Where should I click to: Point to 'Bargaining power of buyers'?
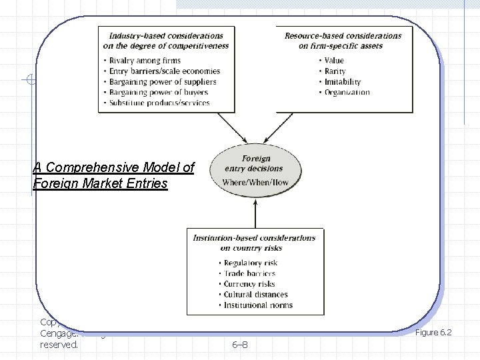tap(156, 93)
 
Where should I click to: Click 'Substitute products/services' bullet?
tap(157, 103)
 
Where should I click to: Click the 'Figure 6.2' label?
tap(433, 332)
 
